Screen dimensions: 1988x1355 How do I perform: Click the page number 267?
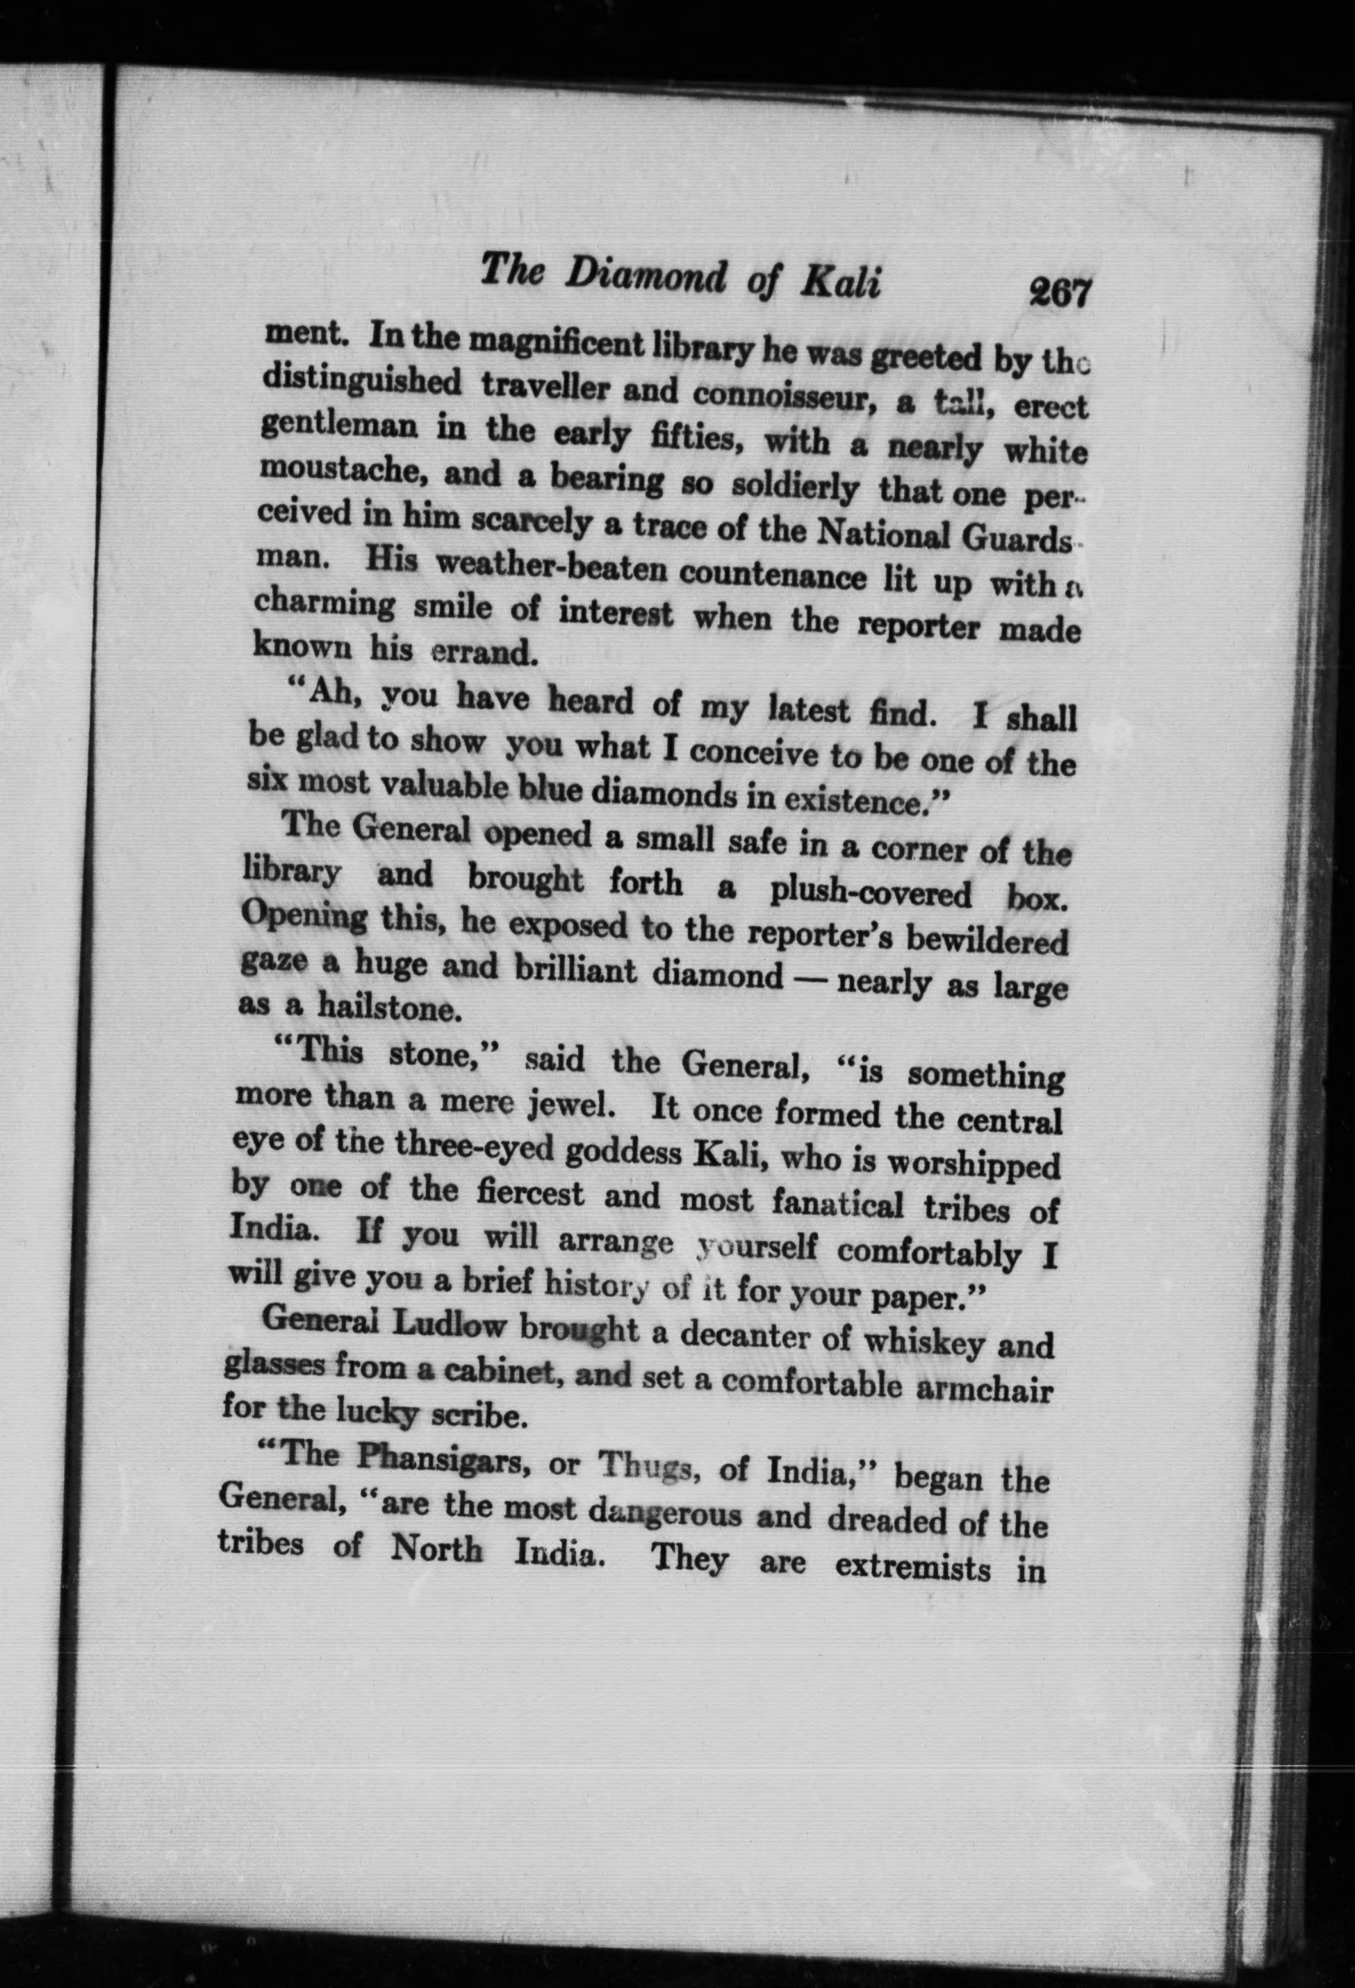tap(1062, 293)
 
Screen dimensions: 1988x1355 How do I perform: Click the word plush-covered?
tap(870, 892)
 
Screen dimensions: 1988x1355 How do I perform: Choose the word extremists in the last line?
tap(912, 1567)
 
